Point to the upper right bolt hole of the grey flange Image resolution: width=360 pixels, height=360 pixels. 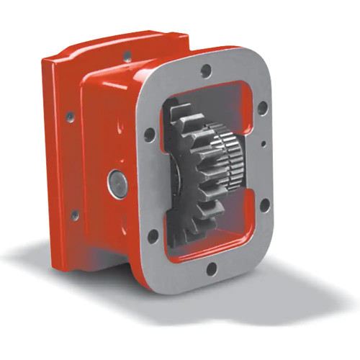[x=261, y=108]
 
